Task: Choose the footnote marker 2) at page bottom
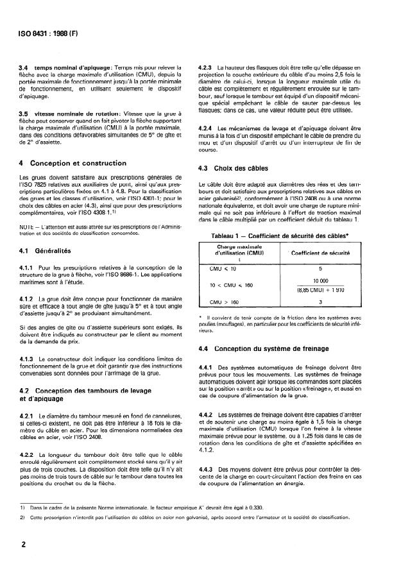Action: pyautogui.click(x=23, y=517)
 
